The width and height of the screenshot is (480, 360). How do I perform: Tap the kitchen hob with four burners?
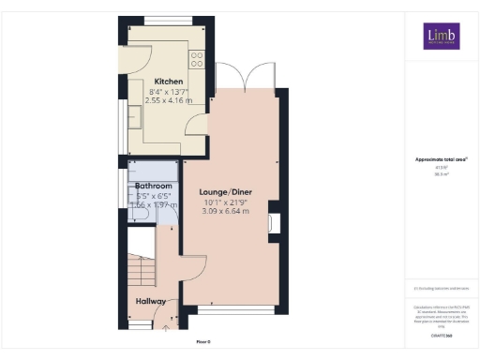pos(197,59)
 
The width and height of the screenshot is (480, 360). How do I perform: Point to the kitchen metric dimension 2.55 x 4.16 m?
pos(169,99)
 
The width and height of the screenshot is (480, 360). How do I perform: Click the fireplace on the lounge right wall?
pos(272,223)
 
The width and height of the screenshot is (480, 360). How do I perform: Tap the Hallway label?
pos(150,301)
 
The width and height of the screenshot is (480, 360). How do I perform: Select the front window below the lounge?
pos(236,309)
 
